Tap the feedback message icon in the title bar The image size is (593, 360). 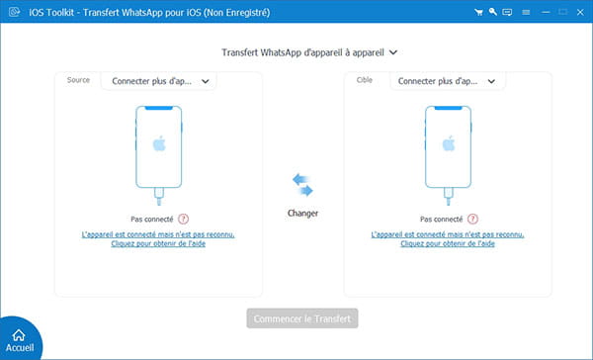pyautogui.click(x=507, y=12)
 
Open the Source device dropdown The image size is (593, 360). pyautogui.click(x=158, y=81)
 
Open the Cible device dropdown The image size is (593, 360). pyautogui.click(x=448, y=81)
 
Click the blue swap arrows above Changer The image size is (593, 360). pyautogui.click(x=302, y=184)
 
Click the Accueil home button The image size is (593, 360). pyautogui.click(x=19, y=337)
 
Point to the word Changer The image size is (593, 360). pyautogui.click(x=302, y=213)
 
